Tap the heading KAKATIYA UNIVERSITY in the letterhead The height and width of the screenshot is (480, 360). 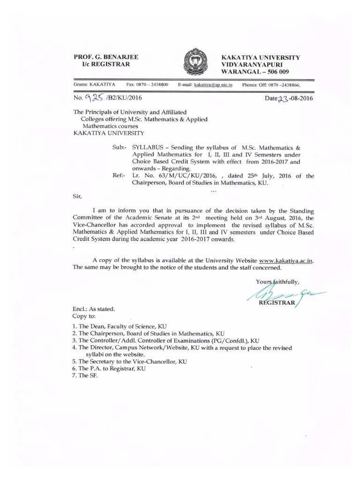[x=261, y=57]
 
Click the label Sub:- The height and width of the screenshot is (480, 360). [x=120, y=147]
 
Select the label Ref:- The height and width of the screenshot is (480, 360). [x=120, y=176]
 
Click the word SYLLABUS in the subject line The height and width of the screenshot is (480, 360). [x=149, y=147]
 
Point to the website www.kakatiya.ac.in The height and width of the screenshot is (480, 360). [x=285, y=260]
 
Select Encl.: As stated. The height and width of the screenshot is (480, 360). [x=93, y=309]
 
